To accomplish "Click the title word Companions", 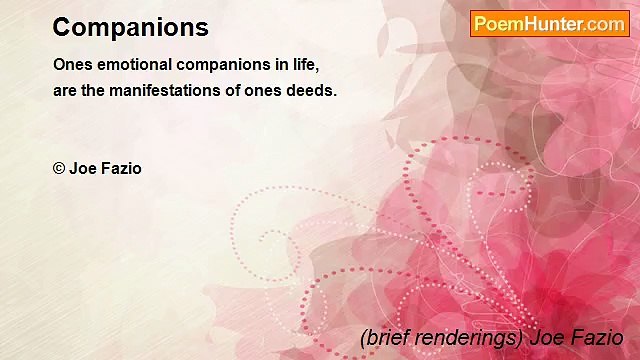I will pos(130,28).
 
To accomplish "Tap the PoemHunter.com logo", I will pos(549,24).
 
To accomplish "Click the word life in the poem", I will pos(303,65).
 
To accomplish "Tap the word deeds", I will pos(314,90).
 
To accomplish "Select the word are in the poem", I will pos(66,90).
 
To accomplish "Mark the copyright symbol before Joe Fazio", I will pos(59,168).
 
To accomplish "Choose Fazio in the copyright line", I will pos(120,168).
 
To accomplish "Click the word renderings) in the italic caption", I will pos(470,337).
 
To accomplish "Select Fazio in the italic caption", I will pos(598,337).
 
